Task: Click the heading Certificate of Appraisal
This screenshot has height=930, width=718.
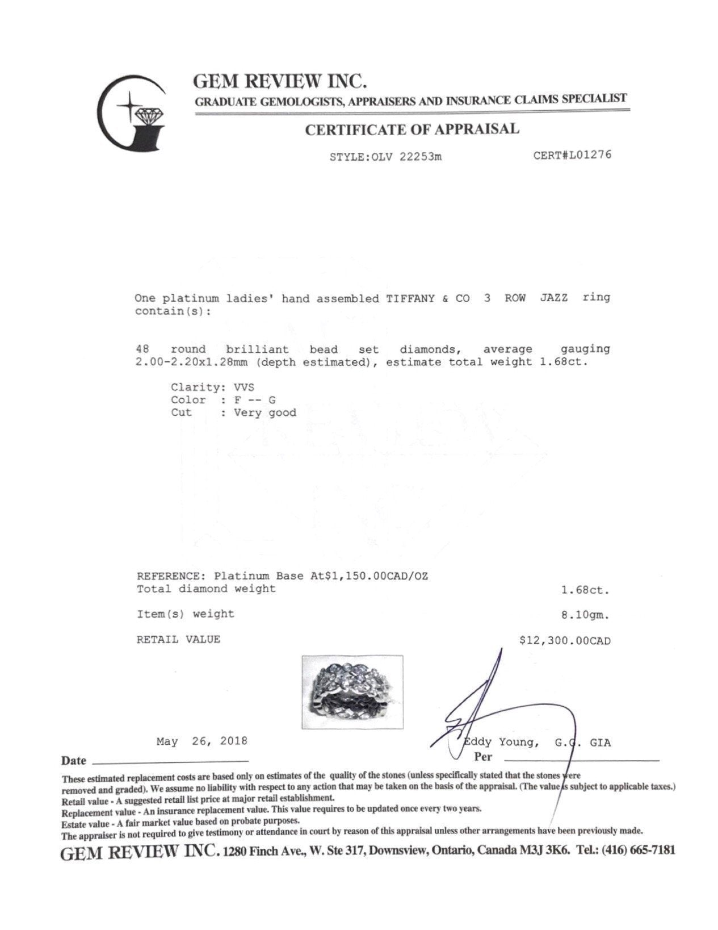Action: [x=412, y=130]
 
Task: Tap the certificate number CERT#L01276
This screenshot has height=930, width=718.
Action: [x=572, y=155]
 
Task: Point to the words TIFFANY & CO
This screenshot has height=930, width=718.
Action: [x=428, y=298]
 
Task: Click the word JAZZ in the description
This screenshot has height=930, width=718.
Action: [x=553, y=298]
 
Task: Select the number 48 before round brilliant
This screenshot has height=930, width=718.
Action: [x=142, y=349]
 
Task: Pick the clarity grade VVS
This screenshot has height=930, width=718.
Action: [x=244, y=387]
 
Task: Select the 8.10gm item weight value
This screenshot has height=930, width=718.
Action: [x=585, y=615]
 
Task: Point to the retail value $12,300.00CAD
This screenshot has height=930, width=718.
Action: [x=565, y=641]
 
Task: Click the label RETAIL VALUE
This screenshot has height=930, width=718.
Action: [x=178, y=640]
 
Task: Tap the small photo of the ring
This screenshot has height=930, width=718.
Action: [x=352, y=692]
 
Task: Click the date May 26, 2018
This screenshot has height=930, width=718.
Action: [x=202, y=741]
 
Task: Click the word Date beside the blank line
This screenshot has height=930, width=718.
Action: [x=74, y=761]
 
